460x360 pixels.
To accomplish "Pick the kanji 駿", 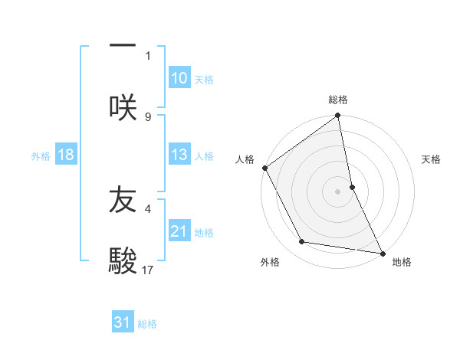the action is [123, 260].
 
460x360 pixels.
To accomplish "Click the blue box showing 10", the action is [179, 78].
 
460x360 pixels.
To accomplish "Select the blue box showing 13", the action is [179, 155].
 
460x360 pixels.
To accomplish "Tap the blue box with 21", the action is [179, 231].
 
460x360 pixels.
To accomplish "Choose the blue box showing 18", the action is [66, 155].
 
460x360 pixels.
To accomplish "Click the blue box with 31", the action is [123, 322].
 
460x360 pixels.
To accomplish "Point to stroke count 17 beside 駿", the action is [148, 270].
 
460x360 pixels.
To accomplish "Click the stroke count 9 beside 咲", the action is [148, 116].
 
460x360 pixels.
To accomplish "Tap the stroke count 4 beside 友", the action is [148, 207].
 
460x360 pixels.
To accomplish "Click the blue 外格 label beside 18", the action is [41, 155].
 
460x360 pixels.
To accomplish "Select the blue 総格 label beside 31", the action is [147, 324].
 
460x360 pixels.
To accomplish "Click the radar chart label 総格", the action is [338, 100].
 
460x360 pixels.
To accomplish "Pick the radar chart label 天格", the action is [432, 159].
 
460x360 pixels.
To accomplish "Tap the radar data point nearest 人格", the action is [264, 168].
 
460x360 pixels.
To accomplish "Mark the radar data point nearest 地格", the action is [383, 253].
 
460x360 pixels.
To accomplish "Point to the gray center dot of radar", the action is [338, 191].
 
